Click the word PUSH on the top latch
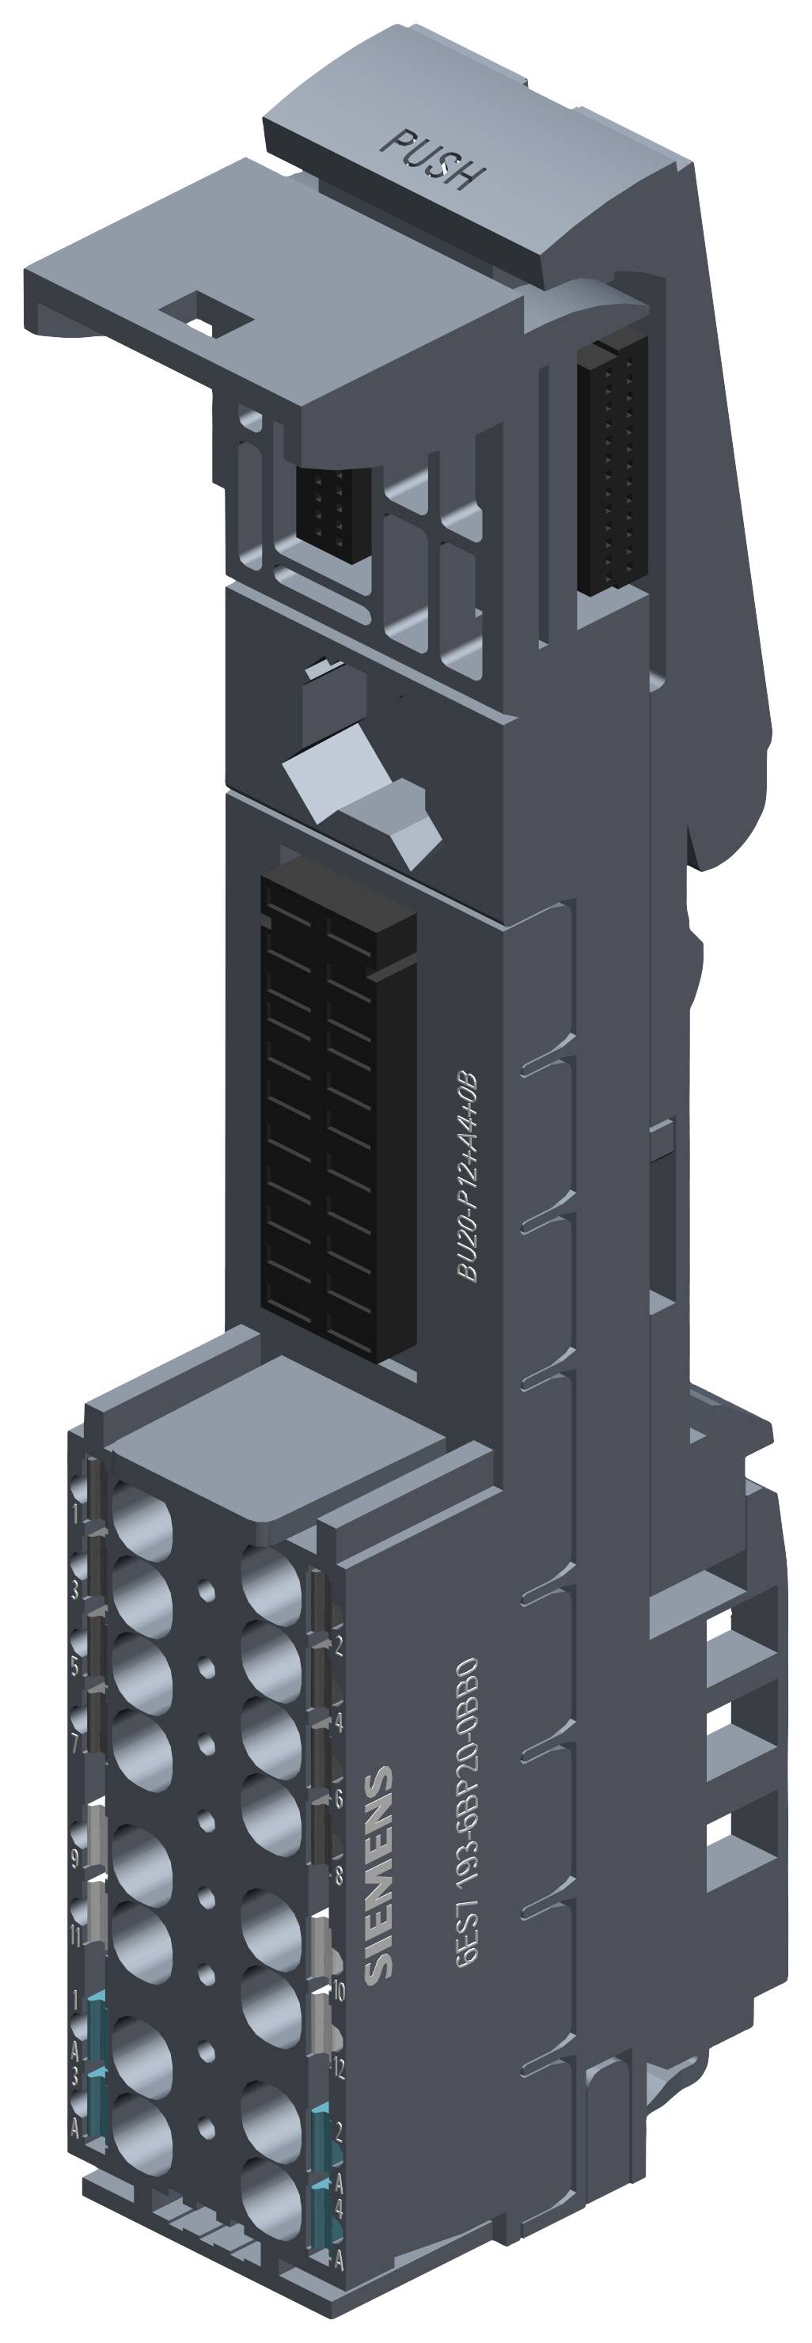coord(433,158)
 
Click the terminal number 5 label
coord(78,1662)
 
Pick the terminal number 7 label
coord(78,1741)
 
